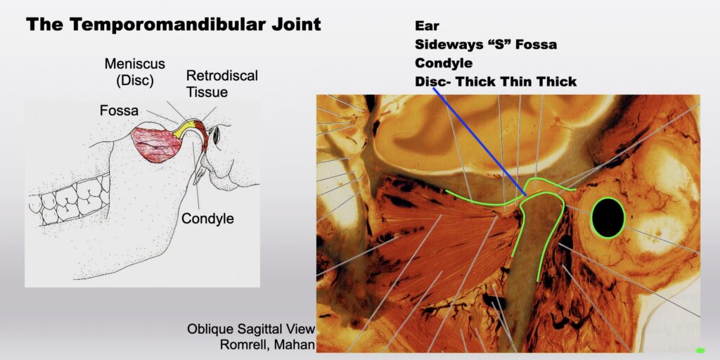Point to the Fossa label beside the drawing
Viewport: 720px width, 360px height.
tap(118, 110)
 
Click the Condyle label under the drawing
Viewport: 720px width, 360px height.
tap(207, 219)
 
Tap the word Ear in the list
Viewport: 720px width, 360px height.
tap(427, 26)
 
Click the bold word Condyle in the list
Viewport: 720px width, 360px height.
tap(444, 62)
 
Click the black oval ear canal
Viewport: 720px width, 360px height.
tap(607, 218)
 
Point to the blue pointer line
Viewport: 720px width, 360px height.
tap(480, 142)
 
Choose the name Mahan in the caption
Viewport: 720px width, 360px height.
tap(293, 344)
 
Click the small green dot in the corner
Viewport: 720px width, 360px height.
tap(700, 350)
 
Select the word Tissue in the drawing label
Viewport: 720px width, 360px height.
tap(207, 92)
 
